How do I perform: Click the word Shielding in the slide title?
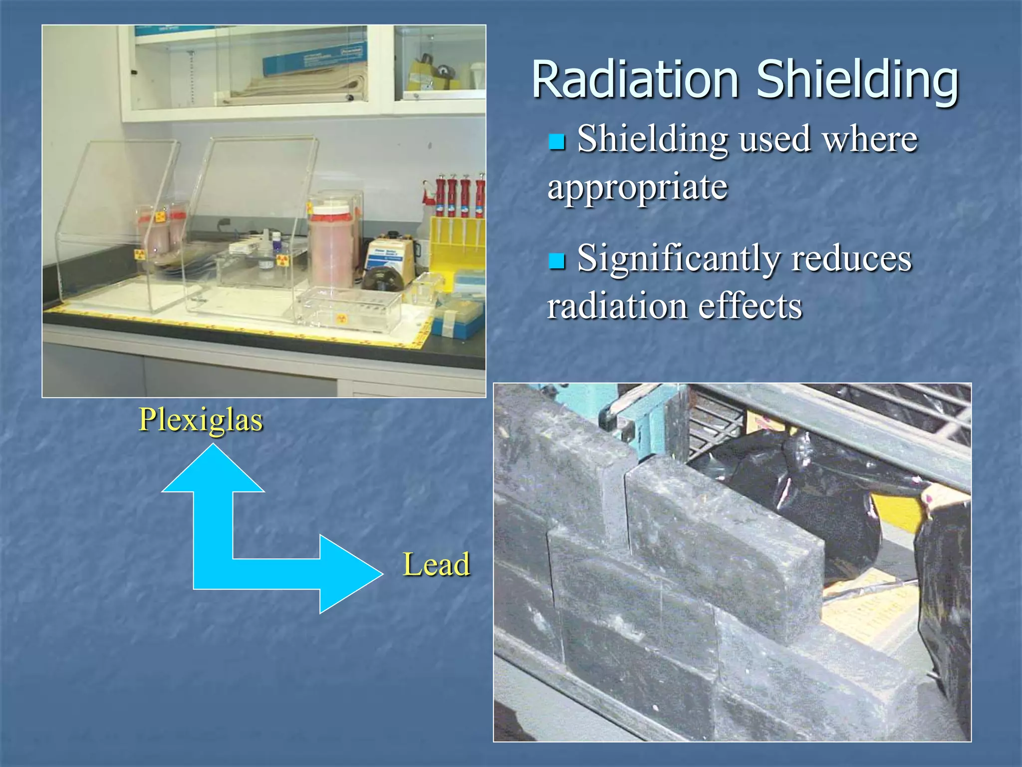(857, 80)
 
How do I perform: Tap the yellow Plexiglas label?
(201, 419)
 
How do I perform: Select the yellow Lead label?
(436, 564)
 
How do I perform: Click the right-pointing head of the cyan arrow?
(349, 574)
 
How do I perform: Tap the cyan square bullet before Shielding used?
(556, 141)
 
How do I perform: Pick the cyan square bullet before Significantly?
(556, 261)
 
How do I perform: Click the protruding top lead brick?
(724, 544)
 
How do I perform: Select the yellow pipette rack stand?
(457, 245)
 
